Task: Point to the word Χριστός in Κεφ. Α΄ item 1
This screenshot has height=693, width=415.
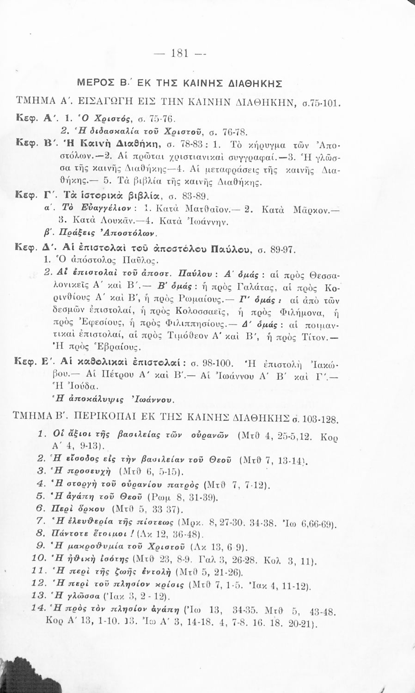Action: click(x=96, y=118)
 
